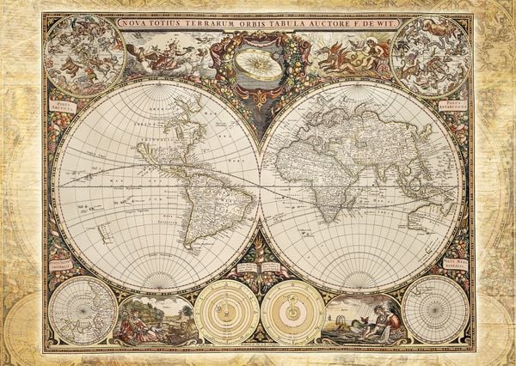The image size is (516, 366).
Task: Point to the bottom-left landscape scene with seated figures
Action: click(x=156, y=320)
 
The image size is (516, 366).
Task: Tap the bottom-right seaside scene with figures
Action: click(x=362, y=320)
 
